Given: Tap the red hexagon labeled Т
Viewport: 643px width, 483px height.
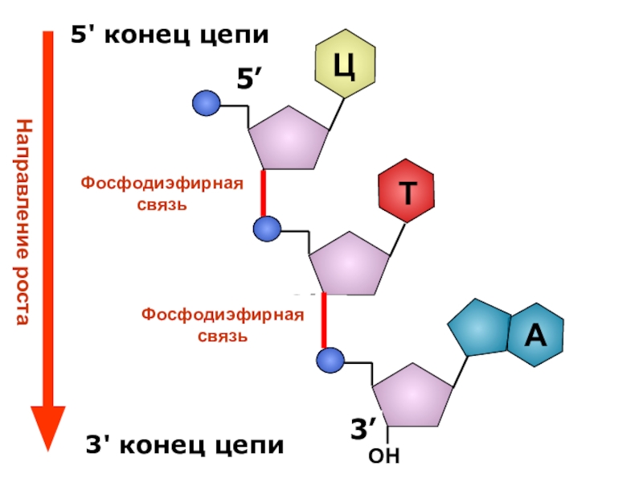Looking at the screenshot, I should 408,194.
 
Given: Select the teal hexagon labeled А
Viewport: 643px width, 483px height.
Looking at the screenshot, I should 535,335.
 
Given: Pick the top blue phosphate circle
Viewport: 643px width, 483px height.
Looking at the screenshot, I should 207,103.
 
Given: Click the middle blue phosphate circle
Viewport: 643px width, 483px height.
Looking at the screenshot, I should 266,229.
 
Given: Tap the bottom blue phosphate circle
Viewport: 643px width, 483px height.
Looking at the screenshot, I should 330,359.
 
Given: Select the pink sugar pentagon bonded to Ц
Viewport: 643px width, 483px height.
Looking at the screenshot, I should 289,138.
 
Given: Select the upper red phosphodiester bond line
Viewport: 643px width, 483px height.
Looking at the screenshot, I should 263,193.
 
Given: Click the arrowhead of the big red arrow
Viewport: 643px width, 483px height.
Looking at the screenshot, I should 47,427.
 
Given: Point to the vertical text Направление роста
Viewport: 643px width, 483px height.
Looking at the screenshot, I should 23,221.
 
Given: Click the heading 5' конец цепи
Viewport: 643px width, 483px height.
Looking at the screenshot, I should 170,35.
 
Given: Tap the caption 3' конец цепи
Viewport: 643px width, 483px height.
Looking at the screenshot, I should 185,444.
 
